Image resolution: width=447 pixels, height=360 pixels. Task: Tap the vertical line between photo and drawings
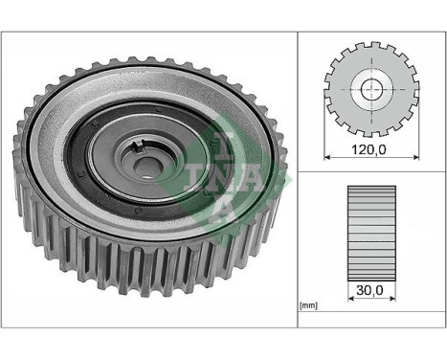click(x=297, y=172)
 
